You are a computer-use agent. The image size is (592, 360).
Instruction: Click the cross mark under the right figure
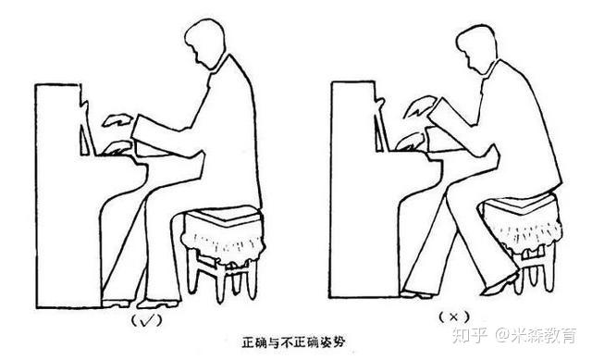pos(453,317)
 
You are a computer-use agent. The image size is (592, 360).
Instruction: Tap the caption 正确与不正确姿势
pos(293,342)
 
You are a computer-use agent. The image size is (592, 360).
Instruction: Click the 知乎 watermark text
pos(469,335)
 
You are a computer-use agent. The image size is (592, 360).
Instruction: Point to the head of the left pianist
pos(205,43)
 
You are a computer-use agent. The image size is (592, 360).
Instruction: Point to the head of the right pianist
pos(476,48)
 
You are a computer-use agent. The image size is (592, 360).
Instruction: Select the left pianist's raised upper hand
pos(117,120)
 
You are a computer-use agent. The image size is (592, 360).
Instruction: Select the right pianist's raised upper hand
pos(419,106)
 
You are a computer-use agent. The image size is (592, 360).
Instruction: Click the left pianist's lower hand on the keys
pos(117,148)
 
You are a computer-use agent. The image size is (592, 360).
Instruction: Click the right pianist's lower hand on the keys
pos(411,142)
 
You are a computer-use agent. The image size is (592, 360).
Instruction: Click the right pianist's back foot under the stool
pos(500,284)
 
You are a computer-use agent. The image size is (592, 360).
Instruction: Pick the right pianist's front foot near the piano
pos(416,294)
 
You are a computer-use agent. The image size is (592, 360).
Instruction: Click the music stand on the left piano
pos(87,140)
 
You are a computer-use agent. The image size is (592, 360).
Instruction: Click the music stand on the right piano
pos(381,133)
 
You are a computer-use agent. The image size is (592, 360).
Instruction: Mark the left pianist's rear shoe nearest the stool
pos(158,304)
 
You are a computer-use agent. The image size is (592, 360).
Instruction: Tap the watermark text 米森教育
pos(544,335)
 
